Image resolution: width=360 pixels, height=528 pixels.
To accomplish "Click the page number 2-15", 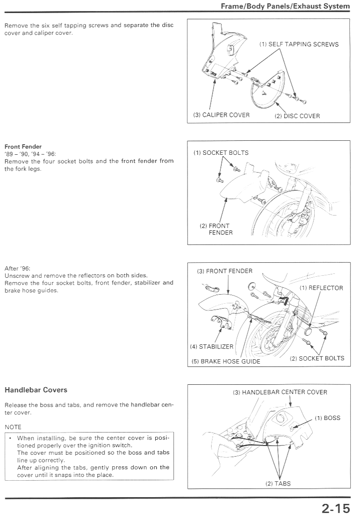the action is pyautogui.click(x=336, y=508).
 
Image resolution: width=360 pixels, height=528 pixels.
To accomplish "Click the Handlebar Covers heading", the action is pyautogui.click(x=36, y=390).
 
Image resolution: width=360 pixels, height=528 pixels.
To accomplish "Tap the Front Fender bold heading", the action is pyautogui.click(x=23, y=147).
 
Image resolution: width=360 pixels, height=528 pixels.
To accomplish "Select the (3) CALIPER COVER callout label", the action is pyautogui.click(x=221, y=115).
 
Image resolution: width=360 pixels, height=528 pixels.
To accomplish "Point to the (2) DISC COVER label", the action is pyautogui.click(x=297, y=116).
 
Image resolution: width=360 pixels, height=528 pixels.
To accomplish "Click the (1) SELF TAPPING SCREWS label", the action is pyautogui.click(x=299, y=44).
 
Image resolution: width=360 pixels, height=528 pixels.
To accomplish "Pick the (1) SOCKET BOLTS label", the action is pyautogui.click(x=221, y=152).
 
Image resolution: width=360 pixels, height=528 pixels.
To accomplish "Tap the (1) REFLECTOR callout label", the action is pyautogui.click(x=321, y=288).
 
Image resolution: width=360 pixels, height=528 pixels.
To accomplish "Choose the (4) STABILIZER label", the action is pyautogui.click(x=212, y=347).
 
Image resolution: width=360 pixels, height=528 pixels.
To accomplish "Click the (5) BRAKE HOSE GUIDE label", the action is pyautogui.click(x=226, y=361).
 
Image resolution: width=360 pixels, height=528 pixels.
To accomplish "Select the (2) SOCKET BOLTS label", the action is pyautogui.click(x=317, y=358).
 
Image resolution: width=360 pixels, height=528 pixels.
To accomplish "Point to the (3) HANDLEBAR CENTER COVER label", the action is pyautogui.click(x=280, y=393).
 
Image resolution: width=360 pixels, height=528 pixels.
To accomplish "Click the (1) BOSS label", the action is pyautogui.click(x=327, y=418).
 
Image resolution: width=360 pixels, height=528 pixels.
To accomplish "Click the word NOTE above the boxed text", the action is pyautogui.click(x=13, y=427).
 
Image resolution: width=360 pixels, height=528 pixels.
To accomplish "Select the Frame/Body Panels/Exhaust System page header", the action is pyautogui.click(x=285, y=6).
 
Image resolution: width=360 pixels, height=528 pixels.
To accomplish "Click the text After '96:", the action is pyautogui.click(x=17, y=269).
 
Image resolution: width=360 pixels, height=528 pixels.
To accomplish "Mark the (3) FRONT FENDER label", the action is pyautogui.click(x=225, y=271).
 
